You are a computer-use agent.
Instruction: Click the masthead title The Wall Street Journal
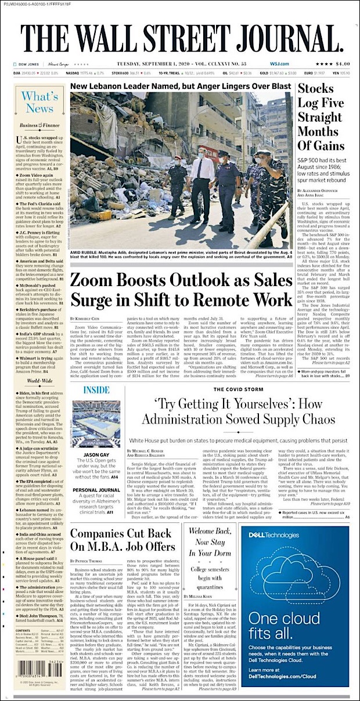click(181, 40)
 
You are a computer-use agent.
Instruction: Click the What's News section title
click(39, 102)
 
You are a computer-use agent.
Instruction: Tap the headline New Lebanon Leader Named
click(181, 86)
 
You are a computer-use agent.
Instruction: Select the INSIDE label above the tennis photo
click(84, 389)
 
